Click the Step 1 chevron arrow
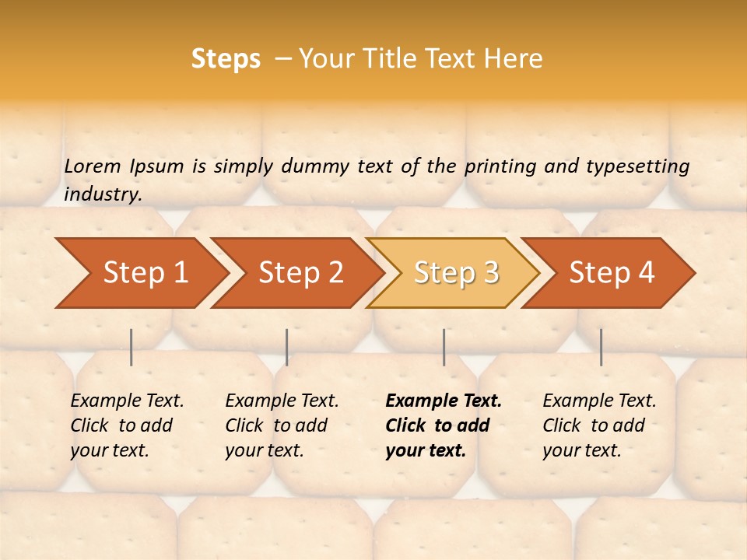click(140, 273)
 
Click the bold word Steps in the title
click(226, 59)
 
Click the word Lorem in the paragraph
click(93, 166)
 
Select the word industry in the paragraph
click(103, 194)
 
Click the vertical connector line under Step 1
click(132, 347)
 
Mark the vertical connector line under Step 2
click(287, 347)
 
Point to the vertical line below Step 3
click(444, 347)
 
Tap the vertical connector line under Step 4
click(601, 347)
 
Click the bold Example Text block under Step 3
click(444, 425)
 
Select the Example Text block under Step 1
click(127, 425)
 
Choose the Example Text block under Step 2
click(282, 425)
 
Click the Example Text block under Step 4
click(599, 425)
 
